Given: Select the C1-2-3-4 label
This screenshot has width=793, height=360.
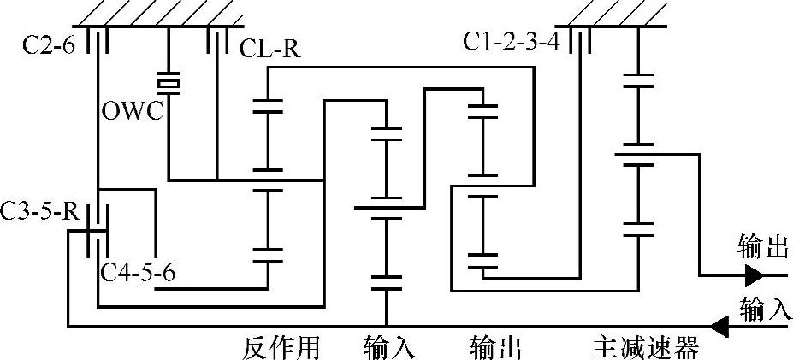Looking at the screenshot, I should click(512, 40).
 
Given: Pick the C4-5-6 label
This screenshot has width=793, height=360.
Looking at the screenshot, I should click(139, 274).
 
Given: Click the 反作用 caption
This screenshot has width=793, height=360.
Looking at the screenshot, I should click(281, 348).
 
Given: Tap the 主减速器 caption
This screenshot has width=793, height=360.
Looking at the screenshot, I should click(646, 348).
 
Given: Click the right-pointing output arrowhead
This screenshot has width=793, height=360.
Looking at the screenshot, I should click(754, 275).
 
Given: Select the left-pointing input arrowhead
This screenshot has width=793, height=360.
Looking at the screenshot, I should click(720, 326).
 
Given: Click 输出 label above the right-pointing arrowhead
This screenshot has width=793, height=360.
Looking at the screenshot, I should click(761, 248).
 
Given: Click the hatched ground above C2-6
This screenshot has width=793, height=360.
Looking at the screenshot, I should click(158, 12).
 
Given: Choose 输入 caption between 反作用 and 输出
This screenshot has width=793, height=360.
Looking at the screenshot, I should click(390, 348).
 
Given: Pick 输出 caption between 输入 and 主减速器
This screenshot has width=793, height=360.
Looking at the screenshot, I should click(496, 348).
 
